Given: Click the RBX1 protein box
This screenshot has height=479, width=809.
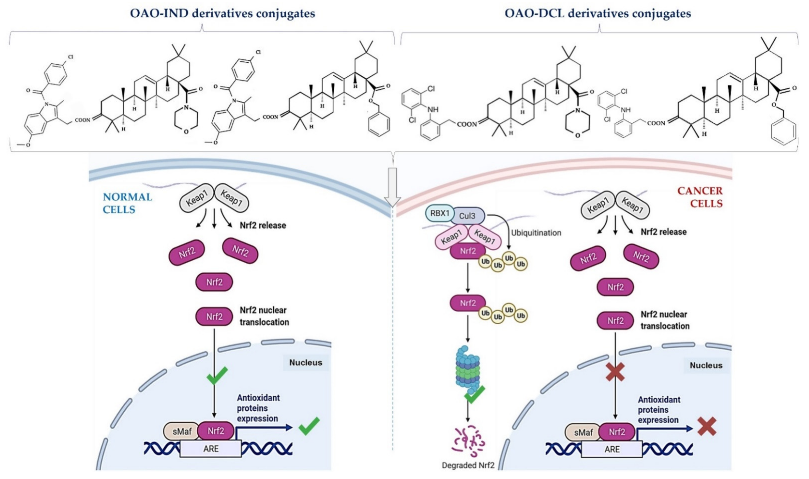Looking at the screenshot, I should tap(440, 213).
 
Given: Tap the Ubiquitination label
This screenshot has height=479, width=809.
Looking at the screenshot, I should tap(536, 233).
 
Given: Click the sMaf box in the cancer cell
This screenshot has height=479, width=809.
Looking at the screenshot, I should tap(583, 432).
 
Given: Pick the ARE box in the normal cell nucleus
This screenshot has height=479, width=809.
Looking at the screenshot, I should tap(211, 449).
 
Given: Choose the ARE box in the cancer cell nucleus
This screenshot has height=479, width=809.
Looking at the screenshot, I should tap(612, 449).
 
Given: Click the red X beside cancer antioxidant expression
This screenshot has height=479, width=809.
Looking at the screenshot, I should tap(707, 426).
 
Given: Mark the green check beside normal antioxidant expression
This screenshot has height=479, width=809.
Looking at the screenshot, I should tap(309, 426).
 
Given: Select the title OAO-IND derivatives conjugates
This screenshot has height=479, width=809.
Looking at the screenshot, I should tap(222, 14).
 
